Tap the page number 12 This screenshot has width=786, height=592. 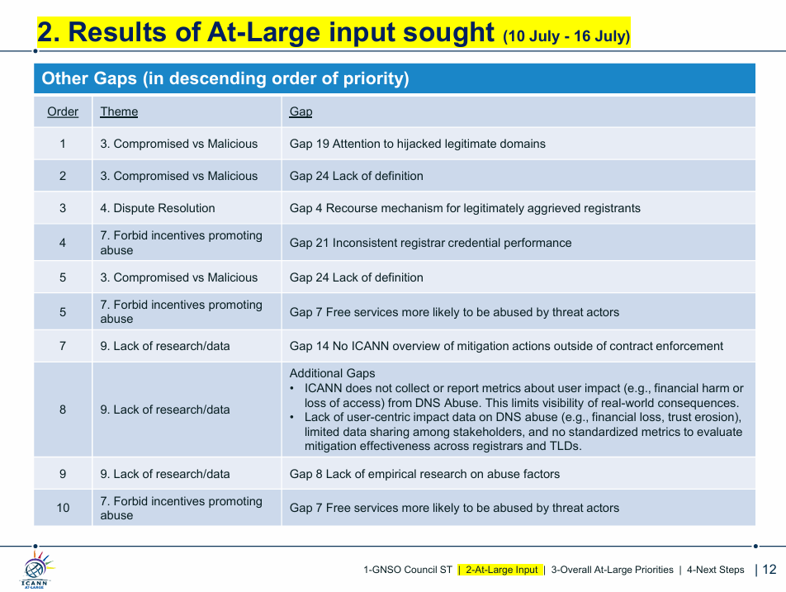pyautogui.click(x=769, y=570)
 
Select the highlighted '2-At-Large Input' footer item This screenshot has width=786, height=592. pyautogui.click(x=501, y=570)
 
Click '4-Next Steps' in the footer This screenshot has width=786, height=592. pyautogui.click(x=715, y=570)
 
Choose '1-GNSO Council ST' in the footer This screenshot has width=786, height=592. pyautogui.click(x=408, y=570)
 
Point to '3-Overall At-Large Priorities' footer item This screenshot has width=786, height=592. pyautogui.click(x=612, y=570)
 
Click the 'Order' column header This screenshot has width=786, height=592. pyautogui.click(x=63, y=111)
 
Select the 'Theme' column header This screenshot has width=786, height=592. pyautogui.click(x=119, y=111)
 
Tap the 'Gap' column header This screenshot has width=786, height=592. pyautogui.click(x=301, y=111)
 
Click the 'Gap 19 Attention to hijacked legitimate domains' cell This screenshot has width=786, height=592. pyautogui.click(x=418, y=144)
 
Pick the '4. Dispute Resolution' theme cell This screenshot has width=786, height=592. pyautogui.click(x=158, y=208)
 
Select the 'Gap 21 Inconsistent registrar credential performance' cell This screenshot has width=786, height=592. pyautogui.click(x=431, y=243)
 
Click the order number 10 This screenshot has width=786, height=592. pyautogui.click(x=63, y=508)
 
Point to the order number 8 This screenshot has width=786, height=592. pyautogui.click(x=63, y=410)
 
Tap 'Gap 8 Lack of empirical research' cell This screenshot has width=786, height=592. pyautogui.click(x=424, y=474)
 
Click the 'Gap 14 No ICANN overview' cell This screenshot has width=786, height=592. pyautogui.click(x=506, y=346)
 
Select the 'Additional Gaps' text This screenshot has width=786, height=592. pyautogui.click(x=333, y=373)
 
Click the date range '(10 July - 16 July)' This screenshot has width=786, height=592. pyautogui.click(x=566, y=36)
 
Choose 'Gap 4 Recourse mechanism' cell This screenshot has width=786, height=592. pyautogui.click(x=465, y=208)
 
